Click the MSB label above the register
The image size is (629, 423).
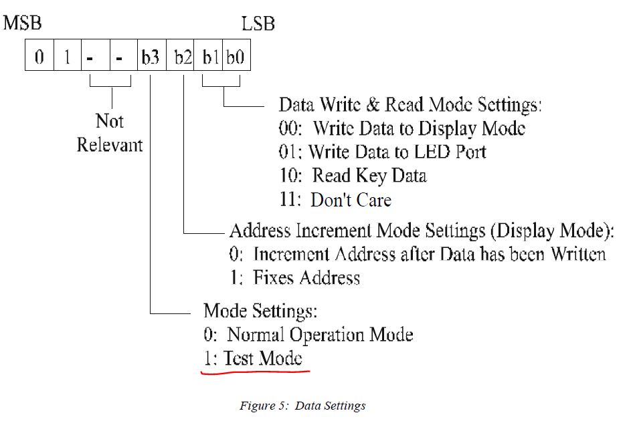[23, 25]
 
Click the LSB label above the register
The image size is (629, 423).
[258, 25]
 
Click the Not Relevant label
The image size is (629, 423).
[110, 133]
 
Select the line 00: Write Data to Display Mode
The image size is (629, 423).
[401, 128]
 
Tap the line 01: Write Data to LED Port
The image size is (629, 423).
[382, 152]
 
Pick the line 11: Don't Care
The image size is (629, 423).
[335, 199]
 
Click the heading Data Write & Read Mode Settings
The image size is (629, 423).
[410, 105]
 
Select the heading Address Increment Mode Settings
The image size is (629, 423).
[422, 231]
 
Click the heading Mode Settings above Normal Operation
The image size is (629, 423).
[260, 311]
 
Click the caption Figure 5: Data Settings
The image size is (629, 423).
[302, 406]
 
